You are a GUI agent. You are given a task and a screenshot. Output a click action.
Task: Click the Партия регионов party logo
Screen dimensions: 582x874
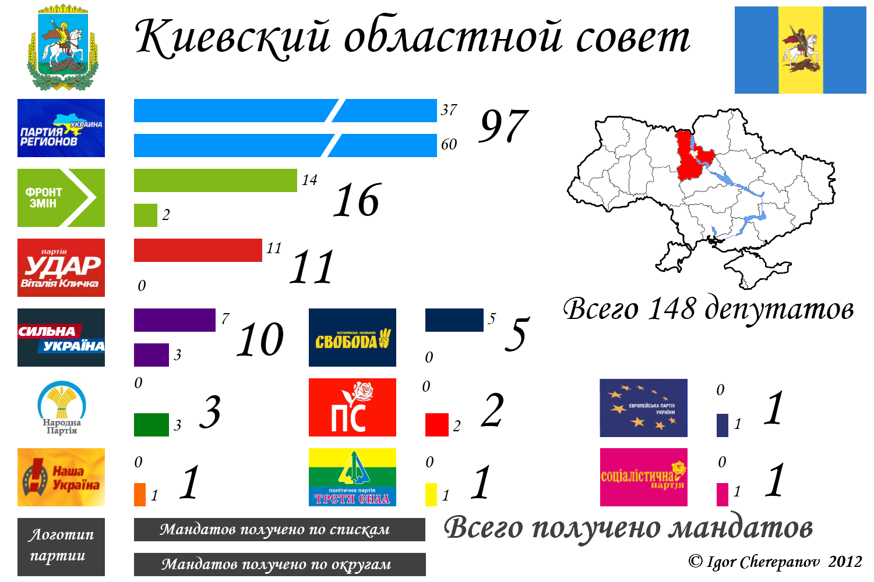coord(61,128)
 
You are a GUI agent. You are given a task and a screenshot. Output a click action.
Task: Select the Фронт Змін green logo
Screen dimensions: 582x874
coord(61,198)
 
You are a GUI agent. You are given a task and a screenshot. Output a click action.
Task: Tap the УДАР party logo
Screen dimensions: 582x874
coord(61,268)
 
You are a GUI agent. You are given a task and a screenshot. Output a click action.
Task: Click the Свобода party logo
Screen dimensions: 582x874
coord(353,338)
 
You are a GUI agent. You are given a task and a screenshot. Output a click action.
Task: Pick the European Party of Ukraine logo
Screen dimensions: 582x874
coord(644,408)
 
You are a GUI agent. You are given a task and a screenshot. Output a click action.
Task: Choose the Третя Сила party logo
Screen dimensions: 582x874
coord(353,477)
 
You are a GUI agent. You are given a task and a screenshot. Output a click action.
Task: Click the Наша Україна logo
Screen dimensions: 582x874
coord(61,477)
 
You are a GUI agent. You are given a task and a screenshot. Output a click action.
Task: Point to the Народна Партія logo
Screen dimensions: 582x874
coord(61,408)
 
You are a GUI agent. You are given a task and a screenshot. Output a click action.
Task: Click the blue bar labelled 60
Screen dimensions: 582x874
coord(286,145)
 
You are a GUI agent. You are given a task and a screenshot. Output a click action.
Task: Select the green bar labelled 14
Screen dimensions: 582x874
coord(216,180)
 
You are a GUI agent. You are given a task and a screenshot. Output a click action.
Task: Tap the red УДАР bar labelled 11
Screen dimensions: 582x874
coord(198,250)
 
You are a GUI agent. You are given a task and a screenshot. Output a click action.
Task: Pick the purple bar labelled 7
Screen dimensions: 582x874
coord(175,320)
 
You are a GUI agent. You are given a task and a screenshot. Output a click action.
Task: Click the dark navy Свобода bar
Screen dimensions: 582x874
coord(454,320)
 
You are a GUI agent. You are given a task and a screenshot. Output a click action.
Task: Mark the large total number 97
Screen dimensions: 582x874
coord(503,126)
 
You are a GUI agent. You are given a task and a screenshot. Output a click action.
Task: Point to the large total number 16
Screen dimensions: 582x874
coord(357,201)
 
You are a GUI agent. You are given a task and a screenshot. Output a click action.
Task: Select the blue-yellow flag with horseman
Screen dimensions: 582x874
coord(801,50)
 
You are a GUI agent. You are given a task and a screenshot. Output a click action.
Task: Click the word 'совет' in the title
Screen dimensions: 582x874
coord(633,37)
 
